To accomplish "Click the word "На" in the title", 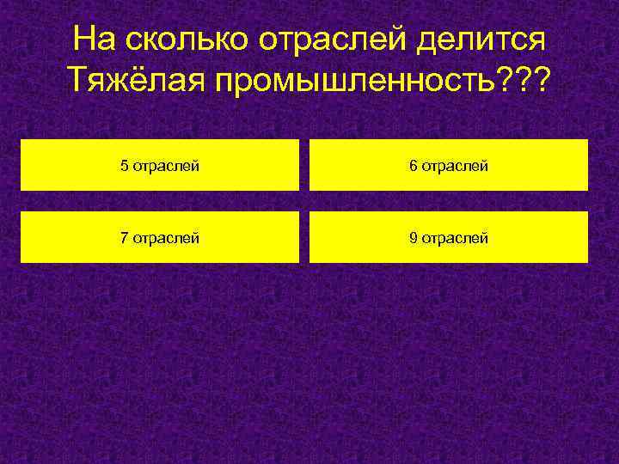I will (93, 40).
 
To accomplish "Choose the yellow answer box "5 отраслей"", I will (160, 165).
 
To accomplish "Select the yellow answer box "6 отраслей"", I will (449, 165).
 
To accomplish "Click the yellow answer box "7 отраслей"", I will (160, 237).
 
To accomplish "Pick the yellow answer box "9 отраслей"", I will (449, 237).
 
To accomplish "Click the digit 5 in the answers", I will (125, 166).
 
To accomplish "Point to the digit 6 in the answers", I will (414, 166).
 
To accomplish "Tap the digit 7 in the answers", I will (125, 238).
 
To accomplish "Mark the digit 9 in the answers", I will (414, 238).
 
